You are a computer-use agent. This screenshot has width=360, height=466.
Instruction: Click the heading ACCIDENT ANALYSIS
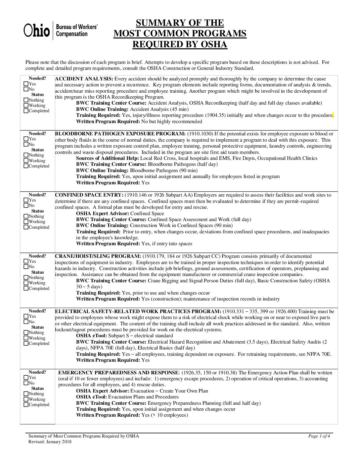click(84, 79)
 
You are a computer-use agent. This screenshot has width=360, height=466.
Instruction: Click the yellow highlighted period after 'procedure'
click(333, 115)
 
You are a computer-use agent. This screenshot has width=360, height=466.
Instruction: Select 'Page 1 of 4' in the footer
click(319, 436)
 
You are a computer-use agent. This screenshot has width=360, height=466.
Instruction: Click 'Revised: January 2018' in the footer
click(50, 442)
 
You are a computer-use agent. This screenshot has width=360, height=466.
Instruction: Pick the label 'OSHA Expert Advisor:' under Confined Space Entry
click(103, 213)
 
